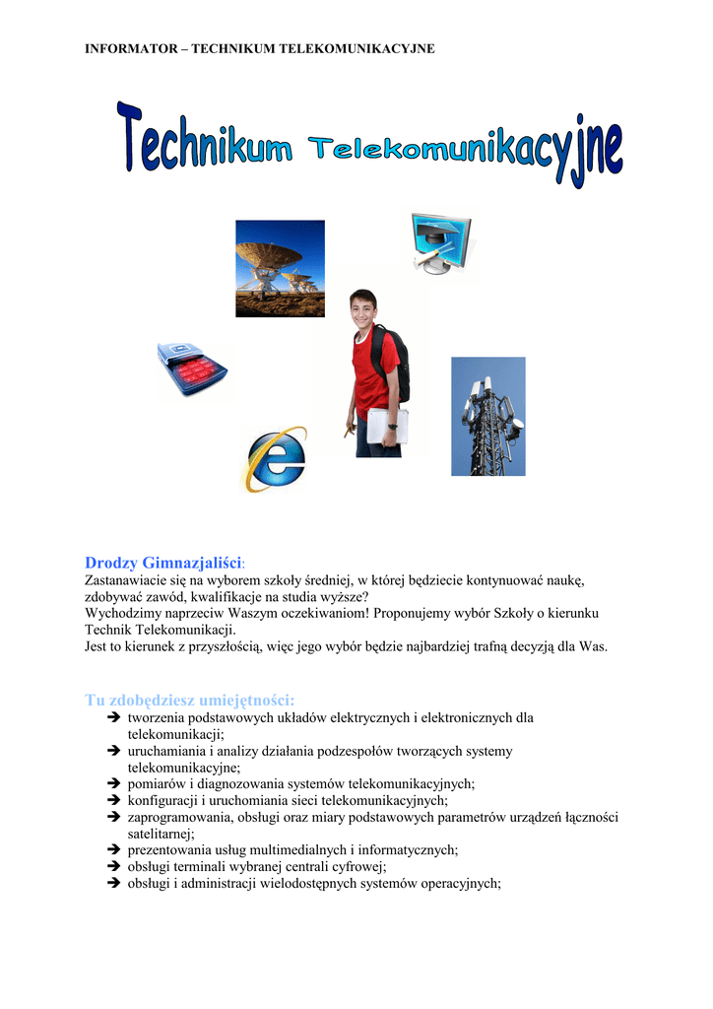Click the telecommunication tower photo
click(487, 416)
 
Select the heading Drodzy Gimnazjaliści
click(162, 563)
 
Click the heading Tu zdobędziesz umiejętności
click(190, 700)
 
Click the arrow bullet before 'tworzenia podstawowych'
click(113, 718)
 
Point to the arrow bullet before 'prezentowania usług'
click(113, 849)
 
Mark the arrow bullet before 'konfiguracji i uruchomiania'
click(113, 800)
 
